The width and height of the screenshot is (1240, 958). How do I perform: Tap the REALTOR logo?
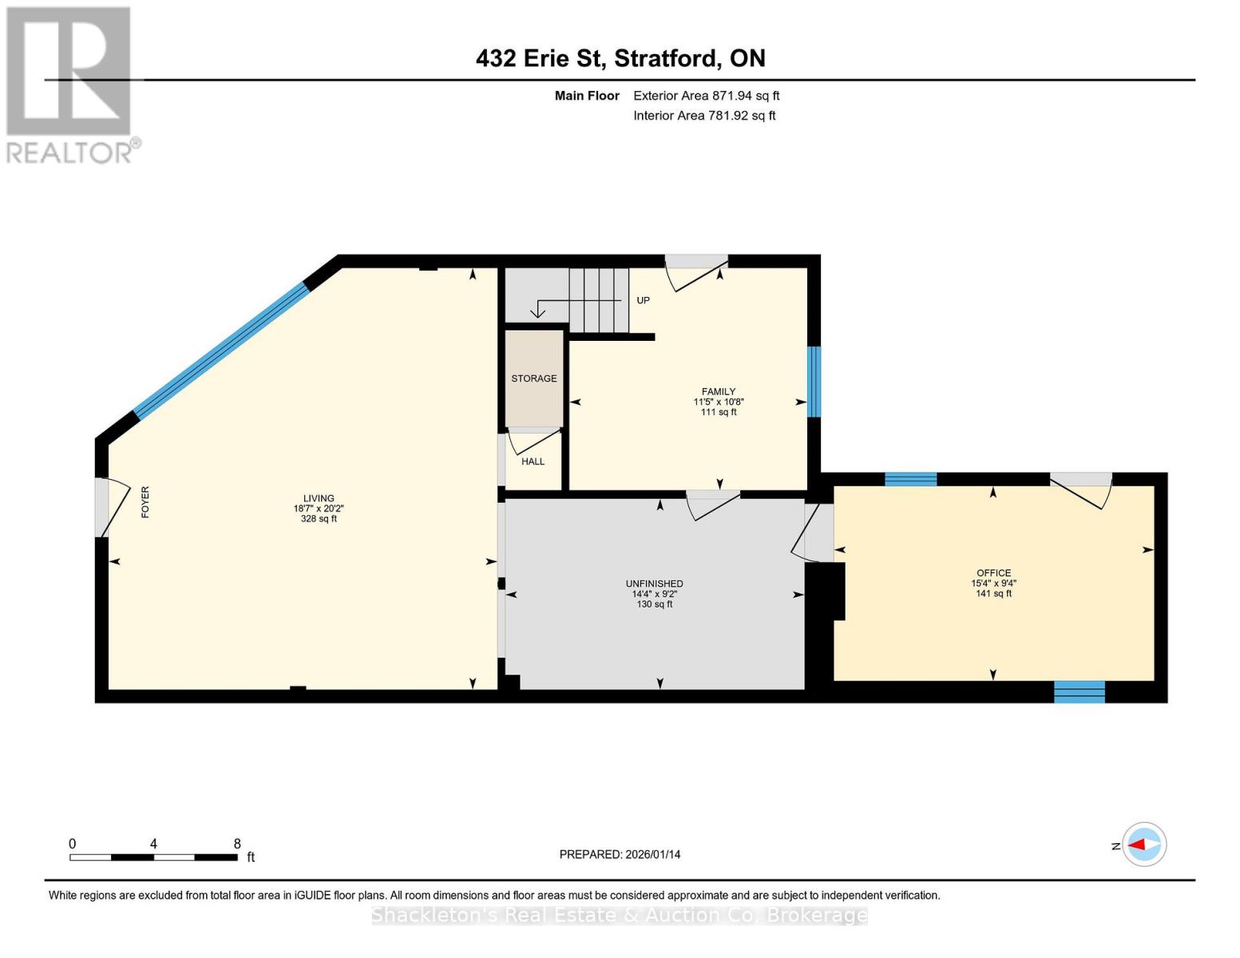point(70,85)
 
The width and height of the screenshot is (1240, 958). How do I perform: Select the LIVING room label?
point(319,498)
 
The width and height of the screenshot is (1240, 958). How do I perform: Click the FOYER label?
point(145,502)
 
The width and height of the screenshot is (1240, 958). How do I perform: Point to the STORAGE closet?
point(534,378)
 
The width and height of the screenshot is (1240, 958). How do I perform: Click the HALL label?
point(533,461)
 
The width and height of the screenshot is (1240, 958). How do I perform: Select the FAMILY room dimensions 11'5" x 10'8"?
point(719,402)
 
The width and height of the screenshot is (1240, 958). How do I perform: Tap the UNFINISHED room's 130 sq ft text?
point(654,604)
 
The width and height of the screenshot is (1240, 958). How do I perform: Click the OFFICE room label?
point(993,573)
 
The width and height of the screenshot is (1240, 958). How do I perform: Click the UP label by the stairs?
point(643,301)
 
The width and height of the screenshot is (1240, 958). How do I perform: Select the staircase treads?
point(599,300)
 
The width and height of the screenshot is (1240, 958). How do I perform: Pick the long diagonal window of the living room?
point(221,350)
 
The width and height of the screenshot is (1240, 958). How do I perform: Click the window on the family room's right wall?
point(814,382)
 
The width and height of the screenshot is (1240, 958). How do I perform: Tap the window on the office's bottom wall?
point(1080,691)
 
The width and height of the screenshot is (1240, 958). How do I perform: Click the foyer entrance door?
point(109,507)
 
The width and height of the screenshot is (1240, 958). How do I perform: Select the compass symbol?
point(1143,845)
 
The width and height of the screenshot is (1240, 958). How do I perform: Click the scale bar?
point(153,857)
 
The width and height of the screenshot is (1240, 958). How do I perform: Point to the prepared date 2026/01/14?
point(620,854)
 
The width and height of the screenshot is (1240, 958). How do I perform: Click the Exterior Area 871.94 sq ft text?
point(706,96)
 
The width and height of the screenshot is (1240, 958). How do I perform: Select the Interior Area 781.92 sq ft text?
point(704,116)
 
